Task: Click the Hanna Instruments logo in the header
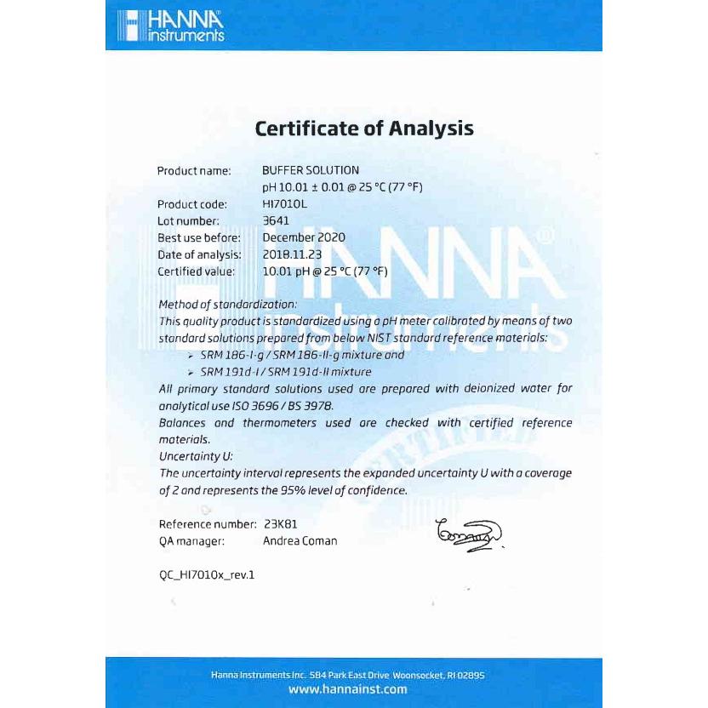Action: (x=170, y=26)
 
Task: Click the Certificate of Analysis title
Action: (x=364, y=128)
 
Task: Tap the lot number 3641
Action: (x=277, y=220)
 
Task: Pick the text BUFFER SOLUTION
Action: (x=311, y=170)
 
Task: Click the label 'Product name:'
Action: (x=194, y=171)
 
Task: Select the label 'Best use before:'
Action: (x=199, y=237)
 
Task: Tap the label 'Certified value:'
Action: (x=197, y=271)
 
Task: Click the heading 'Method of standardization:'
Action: (x=228, y=304)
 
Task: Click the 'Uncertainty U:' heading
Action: (x=196, y=456)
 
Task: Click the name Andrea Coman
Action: (x=300, y=540)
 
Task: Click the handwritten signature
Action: (x=469, y=534)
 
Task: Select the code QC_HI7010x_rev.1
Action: (x=207, y=574)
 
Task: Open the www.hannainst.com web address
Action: (x=348, y=689)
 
